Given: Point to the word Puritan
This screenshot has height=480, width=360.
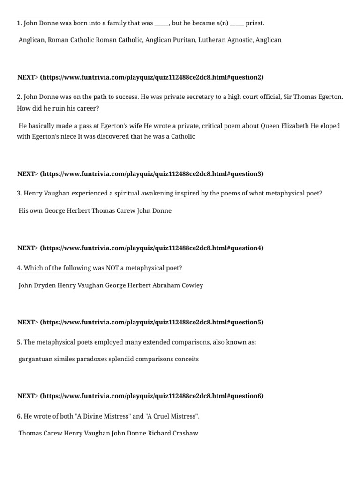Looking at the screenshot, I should coord(185,40).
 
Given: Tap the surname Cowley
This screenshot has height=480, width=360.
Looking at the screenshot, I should coord(191,285).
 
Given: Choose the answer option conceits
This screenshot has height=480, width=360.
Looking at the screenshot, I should coord(186,359).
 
